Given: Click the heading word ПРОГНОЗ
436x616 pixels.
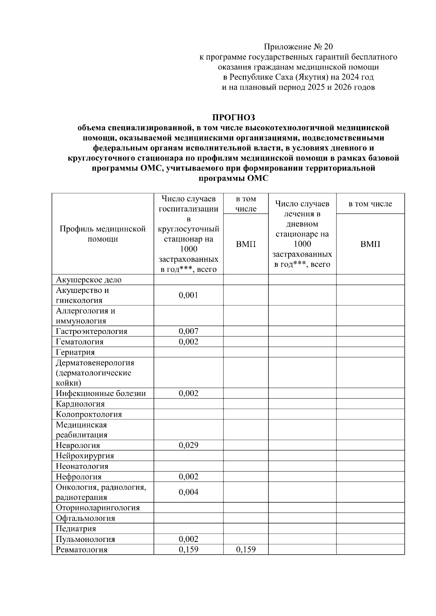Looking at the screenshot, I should coord(234,118).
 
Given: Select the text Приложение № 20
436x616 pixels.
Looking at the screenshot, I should coord(298,47).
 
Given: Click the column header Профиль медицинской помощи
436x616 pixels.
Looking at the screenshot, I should coord(103,234).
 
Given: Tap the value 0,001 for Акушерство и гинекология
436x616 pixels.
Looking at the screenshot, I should coord(188,295).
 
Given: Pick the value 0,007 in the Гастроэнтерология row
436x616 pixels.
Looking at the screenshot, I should coord(188,331).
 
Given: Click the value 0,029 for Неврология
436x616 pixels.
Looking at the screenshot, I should coord(188,445).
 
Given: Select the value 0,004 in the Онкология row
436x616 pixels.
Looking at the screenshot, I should coord(188,492).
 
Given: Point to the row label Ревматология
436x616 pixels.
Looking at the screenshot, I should coord(82,550).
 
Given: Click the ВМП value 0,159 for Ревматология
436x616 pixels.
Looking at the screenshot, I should coord(246,550).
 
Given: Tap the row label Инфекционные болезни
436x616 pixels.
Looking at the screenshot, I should coord(101,393).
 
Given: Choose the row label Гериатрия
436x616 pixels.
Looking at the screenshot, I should coord(75,352).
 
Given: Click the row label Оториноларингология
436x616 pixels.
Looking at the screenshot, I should coord(98,508).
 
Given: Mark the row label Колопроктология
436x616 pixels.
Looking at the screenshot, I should coord(89,414).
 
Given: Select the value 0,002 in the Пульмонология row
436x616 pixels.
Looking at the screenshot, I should coord(188,539).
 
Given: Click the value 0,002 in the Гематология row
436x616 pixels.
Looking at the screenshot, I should coord(188,342).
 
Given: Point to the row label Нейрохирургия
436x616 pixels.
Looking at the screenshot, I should coord(85,456).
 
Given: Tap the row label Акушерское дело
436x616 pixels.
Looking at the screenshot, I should coord(89,280).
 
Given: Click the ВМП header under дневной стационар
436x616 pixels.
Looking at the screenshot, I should coord(370,244).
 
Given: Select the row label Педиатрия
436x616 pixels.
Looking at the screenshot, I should coord(76,529).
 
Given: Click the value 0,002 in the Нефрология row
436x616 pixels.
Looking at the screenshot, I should coord(188,477).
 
